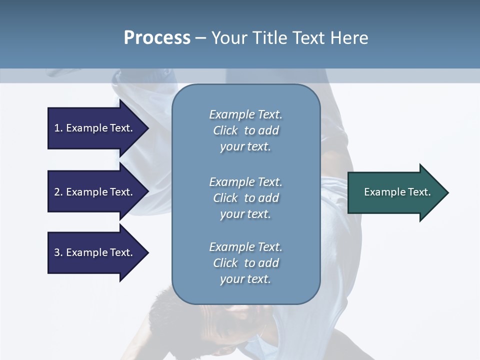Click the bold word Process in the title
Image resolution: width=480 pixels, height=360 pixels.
[x=157, y=38]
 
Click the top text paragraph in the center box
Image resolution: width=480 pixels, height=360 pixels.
[x=245, y=130]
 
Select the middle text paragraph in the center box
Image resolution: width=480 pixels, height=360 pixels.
[x=245, y=198]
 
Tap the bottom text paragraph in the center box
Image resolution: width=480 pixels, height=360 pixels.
[x=245, y=263]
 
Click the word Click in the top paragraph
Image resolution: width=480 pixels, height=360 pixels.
[x=225, y=130]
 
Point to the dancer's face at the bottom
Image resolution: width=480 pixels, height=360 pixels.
[x=235, y=320]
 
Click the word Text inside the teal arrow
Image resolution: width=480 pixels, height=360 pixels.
[x=419, y=192]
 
